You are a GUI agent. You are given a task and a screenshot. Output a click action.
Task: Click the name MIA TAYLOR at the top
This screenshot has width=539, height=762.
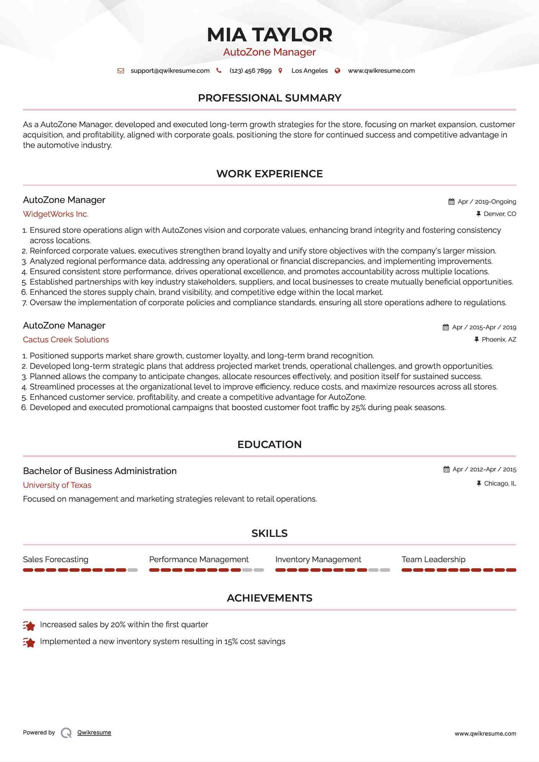(269, 35)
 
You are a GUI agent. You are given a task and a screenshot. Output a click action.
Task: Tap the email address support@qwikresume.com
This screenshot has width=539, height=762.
(170, 71)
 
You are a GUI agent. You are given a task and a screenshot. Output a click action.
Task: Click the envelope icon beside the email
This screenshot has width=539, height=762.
(121, 71)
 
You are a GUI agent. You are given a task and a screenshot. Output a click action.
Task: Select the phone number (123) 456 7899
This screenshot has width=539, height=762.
(250, 71)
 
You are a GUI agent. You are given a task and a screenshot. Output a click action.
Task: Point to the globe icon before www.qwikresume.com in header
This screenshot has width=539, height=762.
(337, 71)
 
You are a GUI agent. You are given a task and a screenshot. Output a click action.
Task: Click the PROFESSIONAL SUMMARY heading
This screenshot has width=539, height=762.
(269, 98)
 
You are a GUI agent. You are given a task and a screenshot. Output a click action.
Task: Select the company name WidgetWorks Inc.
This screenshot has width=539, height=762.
(56, 214)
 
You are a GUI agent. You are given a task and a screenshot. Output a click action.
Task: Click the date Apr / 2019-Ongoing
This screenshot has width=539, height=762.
(487, 202)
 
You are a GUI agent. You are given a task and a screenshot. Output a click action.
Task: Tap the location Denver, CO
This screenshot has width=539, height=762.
(500, 214)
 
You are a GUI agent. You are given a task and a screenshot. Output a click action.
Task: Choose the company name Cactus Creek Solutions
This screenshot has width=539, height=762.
(66, 340)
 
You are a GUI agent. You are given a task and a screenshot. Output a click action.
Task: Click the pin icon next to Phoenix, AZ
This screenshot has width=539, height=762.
(477, 340)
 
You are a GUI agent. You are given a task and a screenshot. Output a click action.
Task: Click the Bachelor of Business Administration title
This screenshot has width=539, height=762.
(100, 471)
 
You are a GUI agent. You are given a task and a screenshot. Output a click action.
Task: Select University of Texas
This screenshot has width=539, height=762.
(57, 485)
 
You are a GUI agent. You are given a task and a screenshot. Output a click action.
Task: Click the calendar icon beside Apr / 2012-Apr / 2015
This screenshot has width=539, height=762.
(446, 469)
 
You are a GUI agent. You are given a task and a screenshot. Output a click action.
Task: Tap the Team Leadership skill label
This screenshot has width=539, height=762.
(433, 559)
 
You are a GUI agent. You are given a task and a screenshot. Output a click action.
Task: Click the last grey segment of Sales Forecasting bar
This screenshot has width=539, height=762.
(133, 570)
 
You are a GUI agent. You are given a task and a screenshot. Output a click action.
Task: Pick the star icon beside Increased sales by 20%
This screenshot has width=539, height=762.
(29, 626)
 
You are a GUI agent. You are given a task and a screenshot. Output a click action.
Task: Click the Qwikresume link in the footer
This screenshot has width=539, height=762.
(94, 733)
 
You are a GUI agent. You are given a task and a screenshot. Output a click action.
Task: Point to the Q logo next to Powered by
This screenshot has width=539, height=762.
(66, 733)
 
